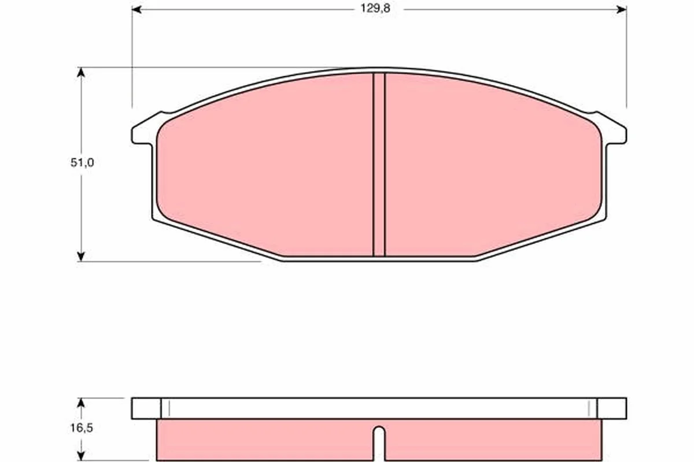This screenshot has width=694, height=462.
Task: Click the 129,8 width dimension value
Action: [x=375, y=9]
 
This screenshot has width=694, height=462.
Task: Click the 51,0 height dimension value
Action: [x=82, y=162]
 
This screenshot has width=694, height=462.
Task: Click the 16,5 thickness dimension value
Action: [x=82, y=429]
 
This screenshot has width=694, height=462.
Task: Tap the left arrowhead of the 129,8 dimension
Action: [x=136, y=10]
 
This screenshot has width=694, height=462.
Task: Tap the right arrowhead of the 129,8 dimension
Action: [x=622, y=10]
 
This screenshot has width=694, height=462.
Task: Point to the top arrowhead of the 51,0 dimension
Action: [x=81, y=72]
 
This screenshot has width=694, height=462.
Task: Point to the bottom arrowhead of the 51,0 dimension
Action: [x=81, y=256]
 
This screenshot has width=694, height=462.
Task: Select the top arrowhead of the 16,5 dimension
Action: [x=81, y=403]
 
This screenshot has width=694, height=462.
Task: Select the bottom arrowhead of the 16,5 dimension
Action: [x=81, y=456]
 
